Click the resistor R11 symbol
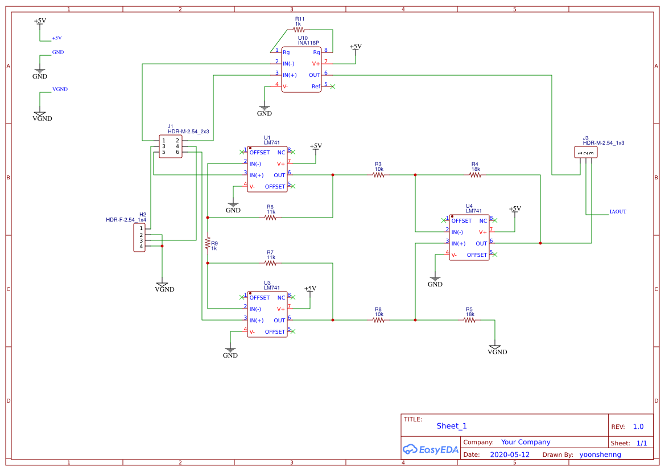coord(299,30)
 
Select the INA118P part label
coord(308,43)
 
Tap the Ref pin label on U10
coord(316,87)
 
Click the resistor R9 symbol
coord(208,243)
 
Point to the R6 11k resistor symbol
coord(270,217)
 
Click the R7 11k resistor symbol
coord(270,263)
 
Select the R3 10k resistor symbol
coord(378,175)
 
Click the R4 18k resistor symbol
coord(475,175)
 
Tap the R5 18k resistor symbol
coord(469,320)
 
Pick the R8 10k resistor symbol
coord(378,320)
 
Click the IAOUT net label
coord(618,211)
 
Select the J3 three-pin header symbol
coord(586,153)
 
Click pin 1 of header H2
coord(141,228)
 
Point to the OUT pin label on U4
coord(481,244)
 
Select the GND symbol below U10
coord(265,108)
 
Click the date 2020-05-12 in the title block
coord(510,454)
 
